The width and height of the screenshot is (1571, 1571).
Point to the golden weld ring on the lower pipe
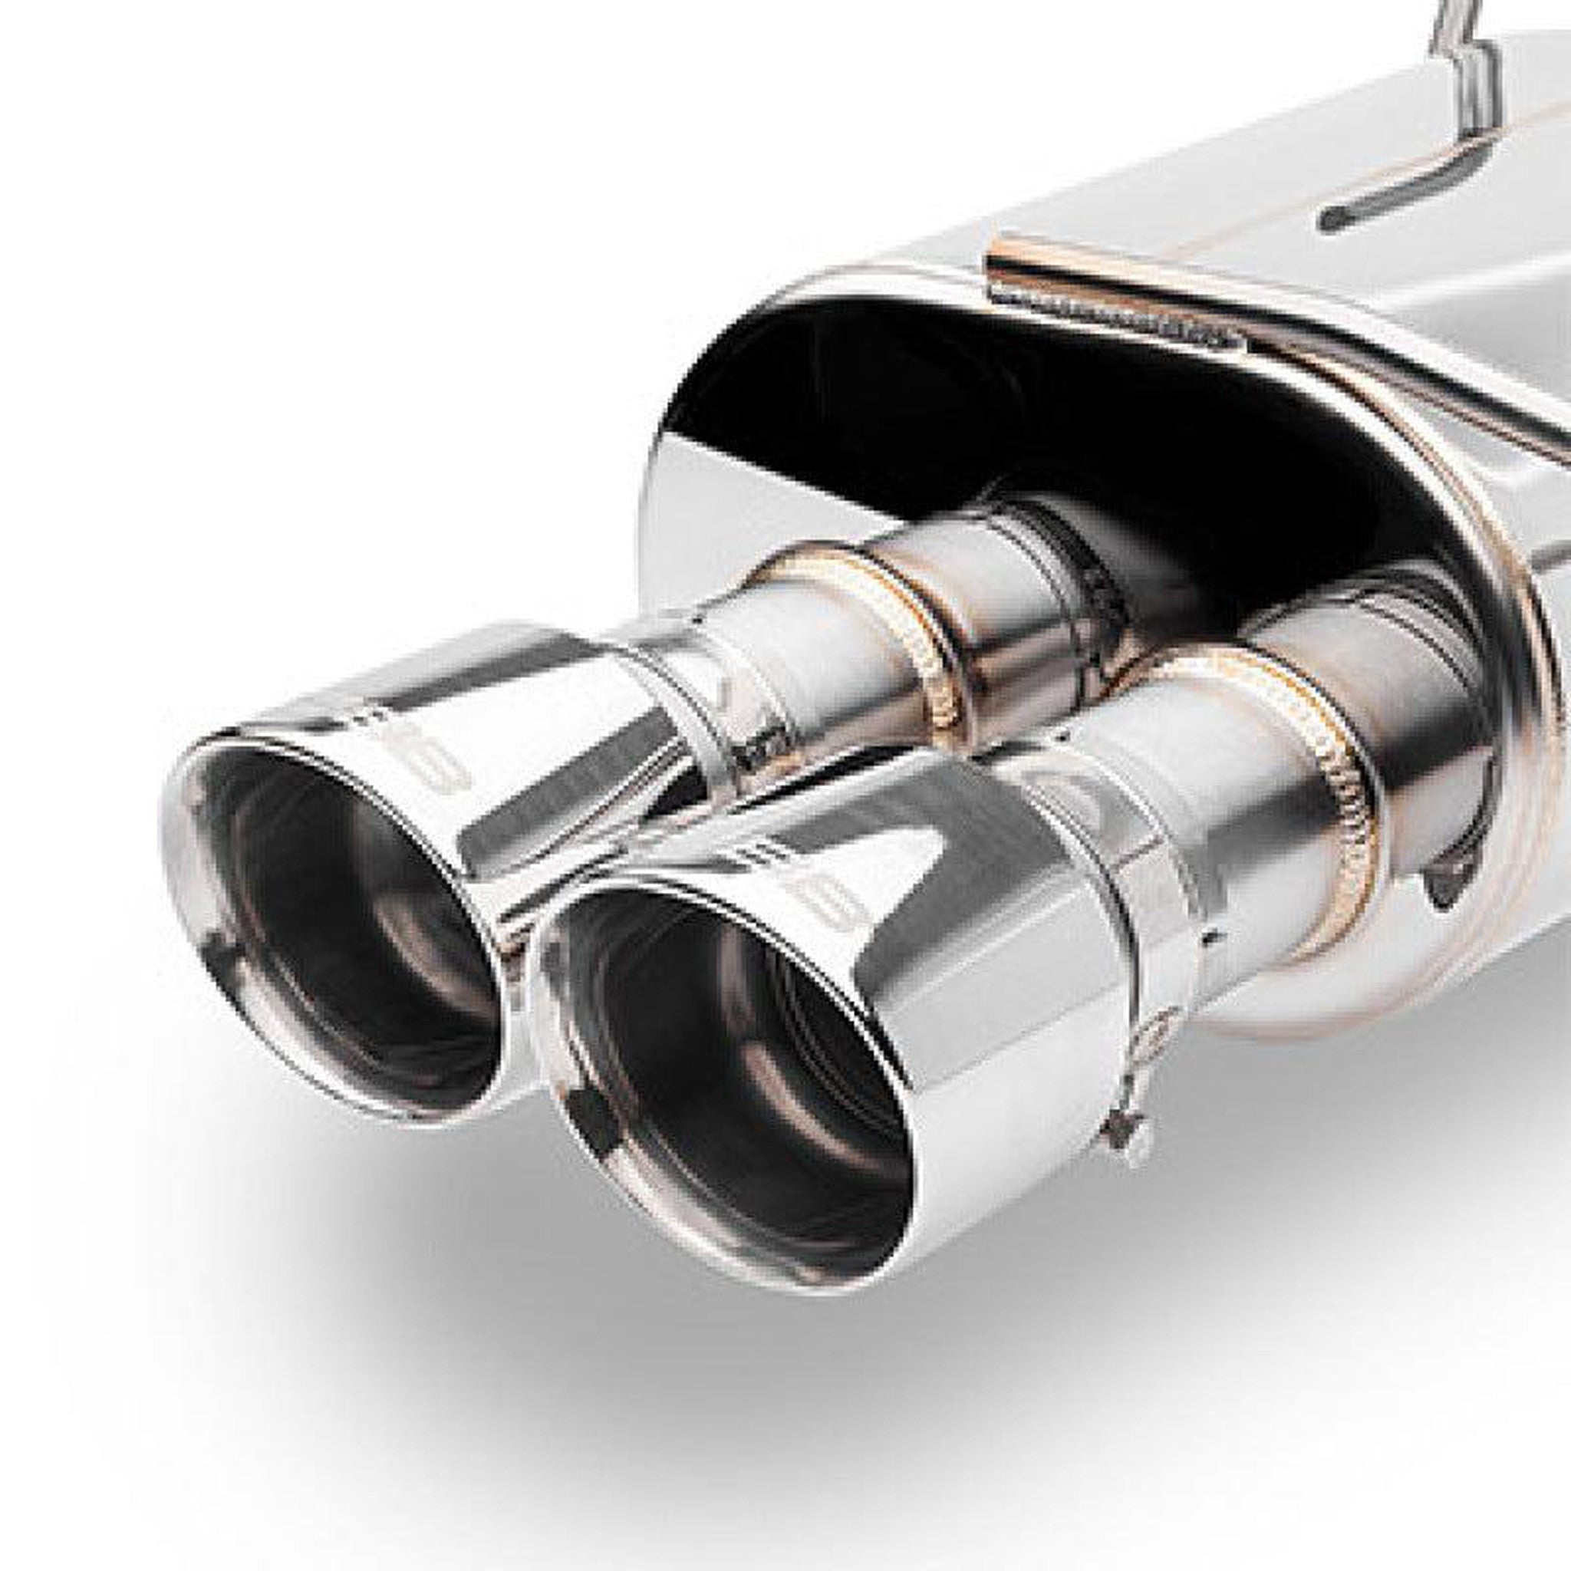click(1333, 781)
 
